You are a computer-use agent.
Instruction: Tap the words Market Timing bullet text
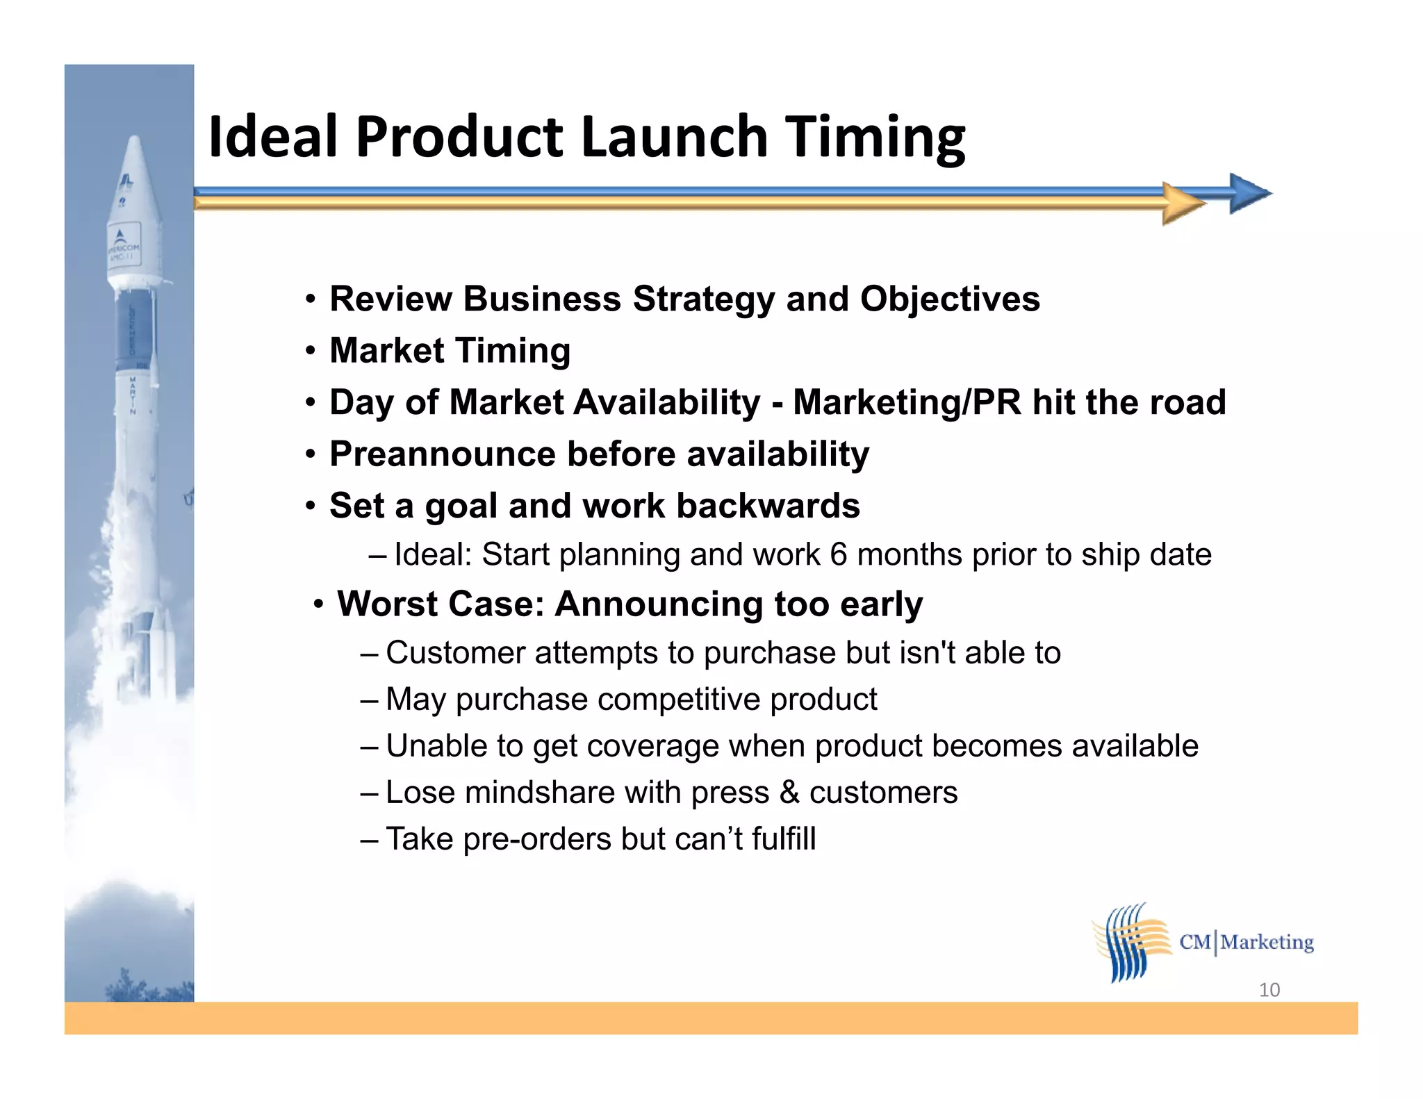point(450,350)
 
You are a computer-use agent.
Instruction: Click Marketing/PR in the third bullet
point(907,402)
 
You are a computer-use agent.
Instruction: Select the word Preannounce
point(442,454)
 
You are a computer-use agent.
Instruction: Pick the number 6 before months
point(838,554)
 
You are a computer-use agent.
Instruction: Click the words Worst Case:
point(441,604)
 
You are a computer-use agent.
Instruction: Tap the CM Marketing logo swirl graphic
point(1130,942)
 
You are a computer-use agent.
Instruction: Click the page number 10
point(1269,990)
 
